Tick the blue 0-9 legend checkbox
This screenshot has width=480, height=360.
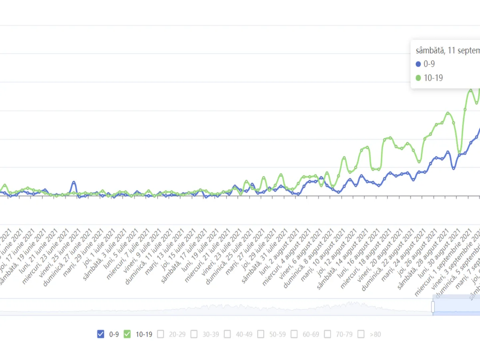(x=101, y=334)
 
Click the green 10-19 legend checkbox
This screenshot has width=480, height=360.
(x=127, y=334)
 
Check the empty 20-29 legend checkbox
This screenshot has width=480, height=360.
(x=161, y=334)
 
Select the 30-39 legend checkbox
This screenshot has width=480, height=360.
(x=194, y=334)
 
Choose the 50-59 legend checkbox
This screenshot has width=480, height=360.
(x=261, y=334)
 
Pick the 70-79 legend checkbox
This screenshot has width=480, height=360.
(x=328, y=334)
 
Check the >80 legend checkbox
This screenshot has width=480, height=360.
(x=361, y=334)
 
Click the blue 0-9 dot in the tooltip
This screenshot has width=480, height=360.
(x=418, y=64)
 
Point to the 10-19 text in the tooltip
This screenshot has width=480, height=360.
(x=433, y=78)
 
